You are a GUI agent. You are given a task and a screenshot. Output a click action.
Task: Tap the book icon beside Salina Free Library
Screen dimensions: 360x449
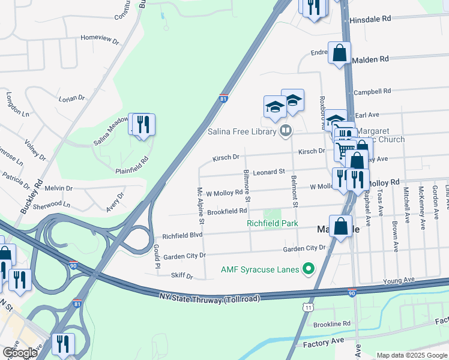point(286,131)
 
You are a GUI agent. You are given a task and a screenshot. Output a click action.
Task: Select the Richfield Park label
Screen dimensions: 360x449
point(273,224)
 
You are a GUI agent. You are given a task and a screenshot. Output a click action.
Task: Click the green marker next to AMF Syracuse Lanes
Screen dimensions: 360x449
point(309,268)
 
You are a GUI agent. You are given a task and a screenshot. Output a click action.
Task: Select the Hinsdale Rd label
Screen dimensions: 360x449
point(370,19)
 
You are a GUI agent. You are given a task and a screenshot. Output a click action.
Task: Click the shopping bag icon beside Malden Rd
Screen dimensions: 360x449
point(339,53)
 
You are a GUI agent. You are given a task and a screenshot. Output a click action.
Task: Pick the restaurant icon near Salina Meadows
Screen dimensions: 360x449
point(143,125)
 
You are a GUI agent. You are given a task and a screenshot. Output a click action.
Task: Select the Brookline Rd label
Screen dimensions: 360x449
point(331,324)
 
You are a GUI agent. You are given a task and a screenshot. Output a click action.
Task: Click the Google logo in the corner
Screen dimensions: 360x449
point(19,353)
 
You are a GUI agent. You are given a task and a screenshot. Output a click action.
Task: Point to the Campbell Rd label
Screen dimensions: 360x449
point(372,92)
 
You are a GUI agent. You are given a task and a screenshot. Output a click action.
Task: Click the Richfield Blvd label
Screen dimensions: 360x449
point(182,235)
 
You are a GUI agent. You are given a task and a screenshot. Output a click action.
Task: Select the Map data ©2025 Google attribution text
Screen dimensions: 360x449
point(412,355)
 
